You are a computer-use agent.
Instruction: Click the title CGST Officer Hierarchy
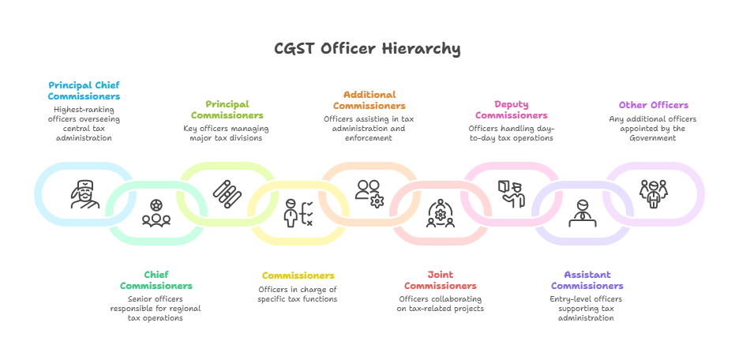click(x=367, y=49)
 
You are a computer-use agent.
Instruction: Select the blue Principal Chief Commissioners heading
click(x=84, y=90)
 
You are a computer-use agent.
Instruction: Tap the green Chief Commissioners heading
click(x=156, y=280)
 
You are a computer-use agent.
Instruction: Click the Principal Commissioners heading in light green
click(x=227, y=110)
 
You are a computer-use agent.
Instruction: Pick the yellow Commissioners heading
click(x=298, y=276)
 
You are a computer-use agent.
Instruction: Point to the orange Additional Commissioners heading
click(x=369, y=99)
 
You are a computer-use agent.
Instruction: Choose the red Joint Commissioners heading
click(x=440, y=280)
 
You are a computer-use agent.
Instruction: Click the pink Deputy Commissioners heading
click(x=511, y=110)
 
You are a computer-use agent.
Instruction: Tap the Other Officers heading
click(x=653, y=105)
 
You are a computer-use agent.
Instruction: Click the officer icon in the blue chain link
click(x=84, y=194)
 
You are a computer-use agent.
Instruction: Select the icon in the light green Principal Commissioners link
click(x=227, y=193)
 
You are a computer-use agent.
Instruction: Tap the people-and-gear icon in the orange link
click(x=369, y=193)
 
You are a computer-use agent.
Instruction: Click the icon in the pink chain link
click(x=511, y=193)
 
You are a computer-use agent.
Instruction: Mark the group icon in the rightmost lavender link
click(x=653, y=193)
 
